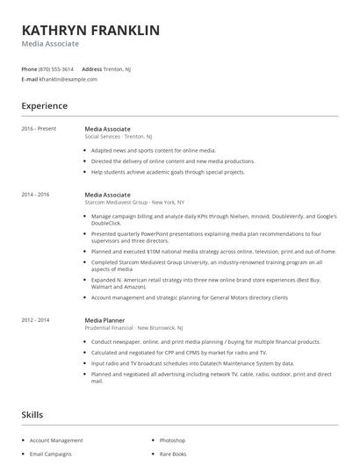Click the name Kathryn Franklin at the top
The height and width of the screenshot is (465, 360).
click(x=91, y=30)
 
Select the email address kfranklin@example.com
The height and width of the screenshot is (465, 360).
click(x=68, y=79)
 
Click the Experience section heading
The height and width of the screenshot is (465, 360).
click(x=45, y=106)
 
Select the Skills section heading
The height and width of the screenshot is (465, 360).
click(x=32, y=413)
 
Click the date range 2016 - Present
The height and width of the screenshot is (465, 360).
click(x=40, y=129)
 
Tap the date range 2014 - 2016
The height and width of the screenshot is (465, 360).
click(x=36, y=194)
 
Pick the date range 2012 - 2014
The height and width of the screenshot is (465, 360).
click(x=36, y=321)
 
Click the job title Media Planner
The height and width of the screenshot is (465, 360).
click(x=105, y=321)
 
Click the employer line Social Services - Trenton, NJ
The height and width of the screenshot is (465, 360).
click(x=119, y=137)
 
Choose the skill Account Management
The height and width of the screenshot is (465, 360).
click(x=56, y=440)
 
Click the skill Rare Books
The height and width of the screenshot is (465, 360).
click(x=172, y=454)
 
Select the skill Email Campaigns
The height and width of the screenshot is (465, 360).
click(x=52, y=454)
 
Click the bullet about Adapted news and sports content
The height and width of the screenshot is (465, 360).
click(x=154, y=151)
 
